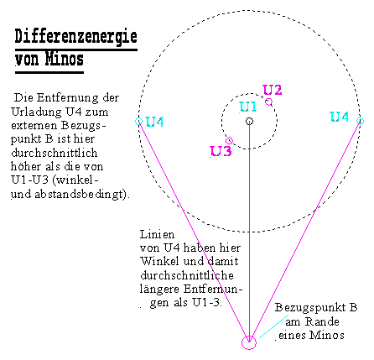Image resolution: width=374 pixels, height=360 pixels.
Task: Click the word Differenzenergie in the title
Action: [x=75, y=37]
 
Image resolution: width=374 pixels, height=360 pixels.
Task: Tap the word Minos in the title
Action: [x=65, y=59]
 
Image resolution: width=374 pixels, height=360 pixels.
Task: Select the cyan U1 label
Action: [x=248, y=107]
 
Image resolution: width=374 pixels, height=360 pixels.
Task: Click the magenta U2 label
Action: [x=273, y=90]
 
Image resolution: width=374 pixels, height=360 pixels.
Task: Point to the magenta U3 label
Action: [x=221, y=151]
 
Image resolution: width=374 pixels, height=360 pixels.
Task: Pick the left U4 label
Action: [x=154, y=122]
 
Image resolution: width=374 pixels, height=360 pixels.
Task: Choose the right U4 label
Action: [x=340, y=117]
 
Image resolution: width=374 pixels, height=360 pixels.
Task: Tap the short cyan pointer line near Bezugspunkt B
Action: [x=274, y=326]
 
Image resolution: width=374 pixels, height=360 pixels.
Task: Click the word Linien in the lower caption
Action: [x=157, y=234]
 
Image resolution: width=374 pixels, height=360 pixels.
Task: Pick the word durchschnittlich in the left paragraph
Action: [x=55, y=153]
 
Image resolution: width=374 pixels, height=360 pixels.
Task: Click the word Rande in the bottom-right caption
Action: [x=322, y=321]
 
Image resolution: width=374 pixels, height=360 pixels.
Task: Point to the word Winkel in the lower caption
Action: [x=159, y=261]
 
